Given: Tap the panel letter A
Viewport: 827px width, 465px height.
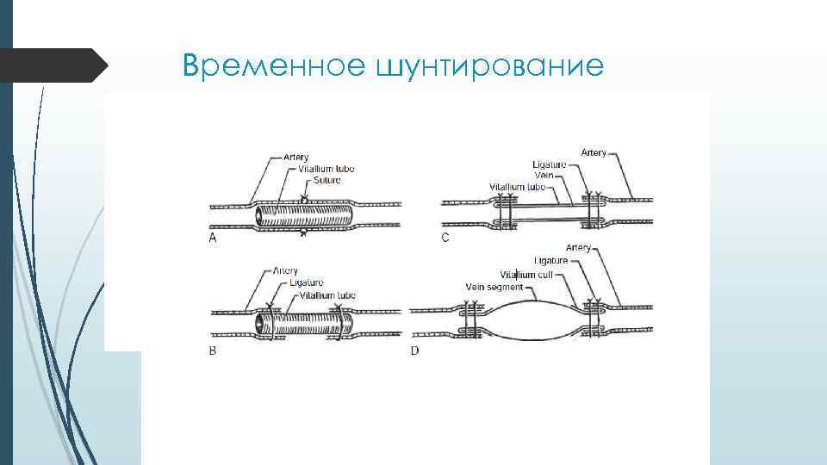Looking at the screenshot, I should click(213, 239).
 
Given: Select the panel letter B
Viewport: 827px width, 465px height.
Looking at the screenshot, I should click(213, 351).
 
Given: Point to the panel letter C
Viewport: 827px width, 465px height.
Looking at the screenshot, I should click(445, 237).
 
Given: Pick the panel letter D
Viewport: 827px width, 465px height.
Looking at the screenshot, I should click(414, 351).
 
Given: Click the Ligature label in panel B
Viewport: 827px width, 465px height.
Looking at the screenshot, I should click(307, 282).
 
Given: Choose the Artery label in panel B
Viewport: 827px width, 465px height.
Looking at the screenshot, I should click(286, 271).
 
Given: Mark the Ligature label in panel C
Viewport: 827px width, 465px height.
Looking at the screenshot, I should click(550, 164).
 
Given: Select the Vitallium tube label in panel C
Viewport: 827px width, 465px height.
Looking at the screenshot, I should click(517, 186).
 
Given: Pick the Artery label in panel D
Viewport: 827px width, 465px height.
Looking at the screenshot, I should click(579, 248).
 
